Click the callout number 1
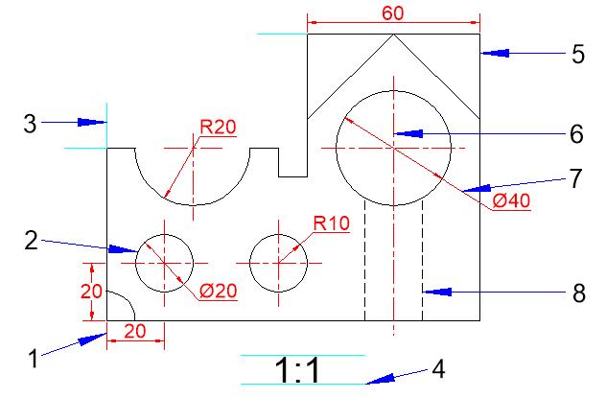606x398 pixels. [34, 359]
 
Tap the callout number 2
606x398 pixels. [32, 241]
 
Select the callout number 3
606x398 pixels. [30, 124]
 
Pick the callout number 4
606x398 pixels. [438, 369]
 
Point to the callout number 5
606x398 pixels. [578, 54]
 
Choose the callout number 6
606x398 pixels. [576, 134]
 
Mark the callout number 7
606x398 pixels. [575, 178]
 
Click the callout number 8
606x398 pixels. [578, 293]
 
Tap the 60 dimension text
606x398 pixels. [393, 13]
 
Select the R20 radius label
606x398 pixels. [218, 128]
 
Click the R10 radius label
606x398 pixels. [332, 223]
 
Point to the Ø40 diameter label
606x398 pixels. [511, 201]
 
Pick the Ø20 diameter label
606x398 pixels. [218, 291]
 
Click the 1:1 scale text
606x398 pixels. [297, 370]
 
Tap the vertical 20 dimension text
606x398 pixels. [91, 292]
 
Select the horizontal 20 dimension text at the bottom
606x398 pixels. [135, 331]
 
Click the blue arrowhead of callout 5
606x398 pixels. [495, 53]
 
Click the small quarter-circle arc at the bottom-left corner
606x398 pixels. [128, 300]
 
